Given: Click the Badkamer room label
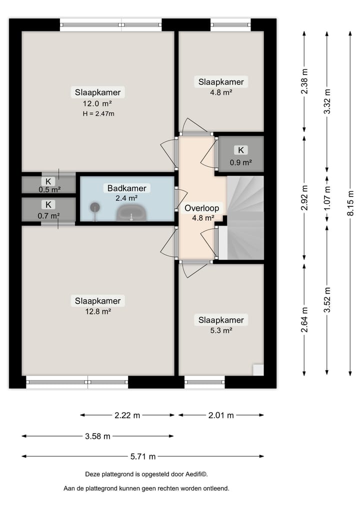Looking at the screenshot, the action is [x=127, y=188].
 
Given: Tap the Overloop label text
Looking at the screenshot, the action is [x=201, y=208].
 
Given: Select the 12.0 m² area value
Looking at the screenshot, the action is [x=97, y=104].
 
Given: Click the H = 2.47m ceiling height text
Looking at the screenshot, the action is [x=98, y=114].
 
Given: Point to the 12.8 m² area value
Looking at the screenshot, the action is [x=98, y=312].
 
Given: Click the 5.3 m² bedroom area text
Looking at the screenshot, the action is [x=221, y=331].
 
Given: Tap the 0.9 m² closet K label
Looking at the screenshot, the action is [x=241, y=150].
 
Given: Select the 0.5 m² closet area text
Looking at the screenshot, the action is [x=49, y=189].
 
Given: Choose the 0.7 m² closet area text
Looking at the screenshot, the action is [x=48, y=216].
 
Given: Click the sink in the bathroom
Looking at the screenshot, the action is [x=132, y=212].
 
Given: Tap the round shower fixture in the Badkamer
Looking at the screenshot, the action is [x=94, y=207].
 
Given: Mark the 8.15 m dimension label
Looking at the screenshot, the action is [x=350, y=203].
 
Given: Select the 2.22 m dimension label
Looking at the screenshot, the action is [x=127, y=416].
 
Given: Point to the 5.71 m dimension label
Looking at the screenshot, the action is [x=143, y=457].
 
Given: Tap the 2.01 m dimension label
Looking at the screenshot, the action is [x=221, y=416].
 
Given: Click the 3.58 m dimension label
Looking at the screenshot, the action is [x=97, y=437].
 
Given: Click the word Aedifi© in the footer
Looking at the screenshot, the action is [x=196, y=475].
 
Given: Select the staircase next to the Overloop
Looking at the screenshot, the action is [x=245, y=218].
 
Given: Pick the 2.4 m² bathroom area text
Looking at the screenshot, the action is [x=127, y=198].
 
